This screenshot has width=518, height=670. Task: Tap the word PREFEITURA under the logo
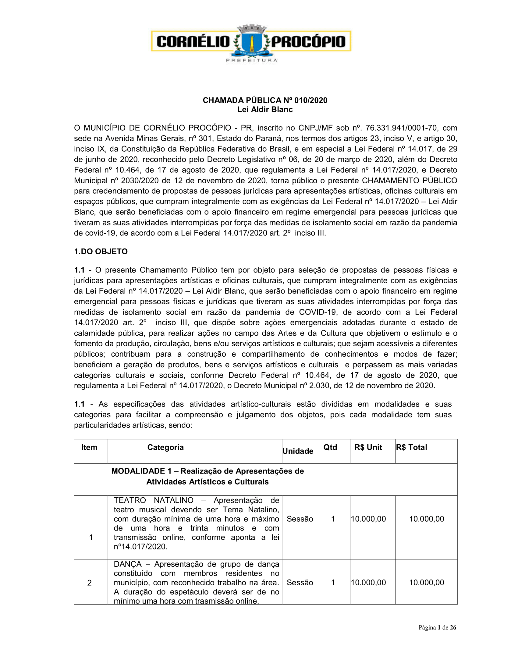(251, 60)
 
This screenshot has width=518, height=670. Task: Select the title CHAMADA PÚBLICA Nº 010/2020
(265, 100)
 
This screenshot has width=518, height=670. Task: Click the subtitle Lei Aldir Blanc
(265, 110)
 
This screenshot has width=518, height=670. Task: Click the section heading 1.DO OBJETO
(101, 252)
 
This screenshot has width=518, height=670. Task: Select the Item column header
(89, 447)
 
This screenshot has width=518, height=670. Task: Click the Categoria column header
(165, 447)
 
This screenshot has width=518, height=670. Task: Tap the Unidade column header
(298, 451)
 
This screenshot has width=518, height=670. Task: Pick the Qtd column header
(330, 447)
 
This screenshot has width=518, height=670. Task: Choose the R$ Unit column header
(368, 447)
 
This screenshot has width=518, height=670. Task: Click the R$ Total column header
(411, 447)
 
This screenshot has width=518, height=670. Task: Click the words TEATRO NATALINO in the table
(154, 500)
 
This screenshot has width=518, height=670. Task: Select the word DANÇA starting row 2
(128, 564)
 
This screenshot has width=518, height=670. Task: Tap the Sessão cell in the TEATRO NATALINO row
(300, 519)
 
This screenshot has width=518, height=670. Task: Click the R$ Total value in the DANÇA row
(427, 583)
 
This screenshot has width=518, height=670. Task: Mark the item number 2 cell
(89, 583)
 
